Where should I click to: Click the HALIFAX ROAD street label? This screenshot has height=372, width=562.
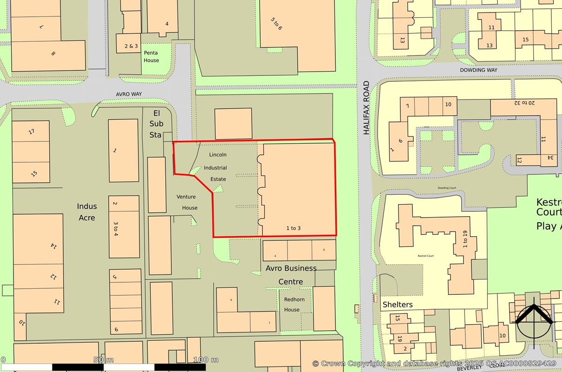click(x=366, y=108)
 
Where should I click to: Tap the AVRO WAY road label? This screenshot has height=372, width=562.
click(x=129, y=94)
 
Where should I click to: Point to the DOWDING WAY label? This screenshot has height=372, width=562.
click(x=478, y=70)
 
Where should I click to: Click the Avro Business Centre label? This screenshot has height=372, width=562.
click(x=291, y=275)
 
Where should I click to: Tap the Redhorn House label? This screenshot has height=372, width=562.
click(x=294, y=305)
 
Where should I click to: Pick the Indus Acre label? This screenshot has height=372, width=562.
click(x=86, y=212)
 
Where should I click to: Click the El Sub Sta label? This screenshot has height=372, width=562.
click(x=156, y=124)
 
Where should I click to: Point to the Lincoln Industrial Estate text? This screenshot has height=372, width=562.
click(x=218, y=166)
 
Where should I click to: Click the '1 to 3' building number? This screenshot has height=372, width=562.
click(x=293, y=228)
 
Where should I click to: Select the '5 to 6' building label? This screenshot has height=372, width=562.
click(x=277, y=24)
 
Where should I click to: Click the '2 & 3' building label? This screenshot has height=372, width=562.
click(x=131, y=46)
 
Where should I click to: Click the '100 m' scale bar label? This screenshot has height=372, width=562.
click(x=206, y=359)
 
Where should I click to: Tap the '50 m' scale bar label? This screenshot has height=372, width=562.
click(x=104, y=359)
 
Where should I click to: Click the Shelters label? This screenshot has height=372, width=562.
click(x=397, y=305)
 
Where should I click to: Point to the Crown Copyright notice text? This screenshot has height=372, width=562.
click(x=434, y=363)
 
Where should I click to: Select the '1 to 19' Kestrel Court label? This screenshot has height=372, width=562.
click(x=465, y=240)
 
